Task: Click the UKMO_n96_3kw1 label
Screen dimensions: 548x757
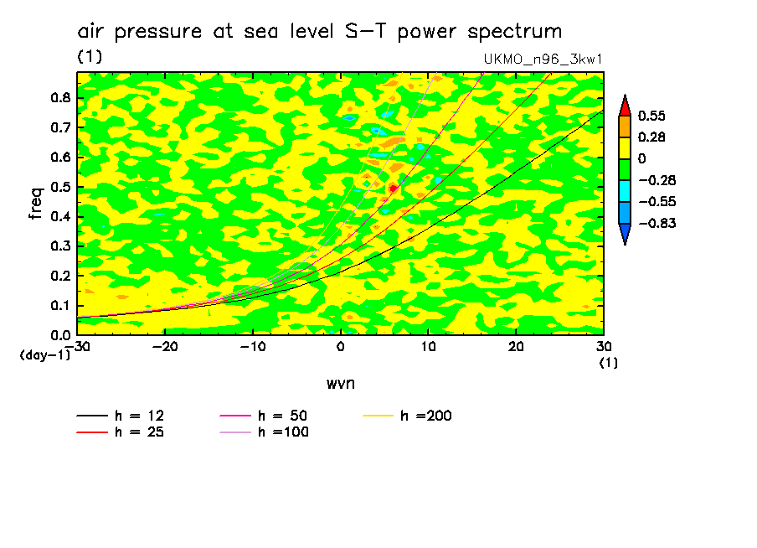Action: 543,59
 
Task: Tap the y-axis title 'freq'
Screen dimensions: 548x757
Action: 36,204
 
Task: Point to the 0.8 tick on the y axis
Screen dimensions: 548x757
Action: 60,97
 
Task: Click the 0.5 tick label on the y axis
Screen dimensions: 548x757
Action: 60,187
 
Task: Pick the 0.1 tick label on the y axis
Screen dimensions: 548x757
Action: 60,306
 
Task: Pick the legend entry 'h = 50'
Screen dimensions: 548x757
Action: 281,416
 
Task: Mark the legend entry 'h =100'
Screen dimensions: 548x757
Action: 281,432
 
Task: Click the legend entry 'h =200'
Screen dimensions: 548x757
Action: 425,416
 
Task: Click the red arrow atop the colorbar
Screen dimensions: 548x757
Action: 625,106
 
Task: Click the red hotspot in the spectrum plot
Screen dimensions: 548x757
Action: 393,189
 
